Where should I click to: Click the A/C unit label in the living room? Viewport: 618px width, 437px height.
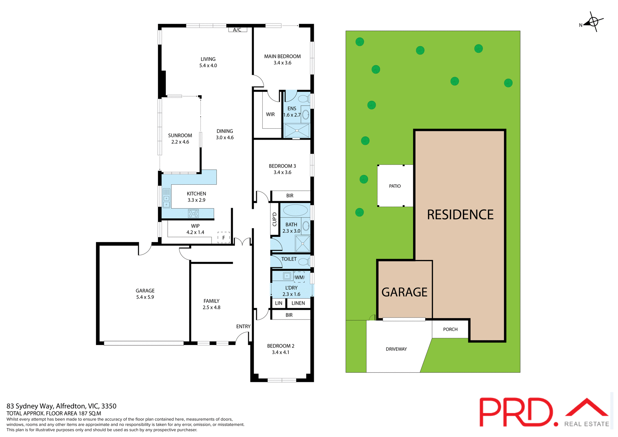pyautogui.click(x=237, y=30)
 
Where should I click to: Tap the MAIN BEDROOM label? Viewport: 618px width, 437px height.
pyautogui.click(x=282, y=57)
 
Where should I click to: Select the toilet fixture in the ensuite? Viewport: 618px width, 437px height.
pyautogui.click(x=303, y=98)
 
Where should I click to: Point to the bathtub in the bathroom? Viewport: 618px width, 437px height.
pyautogui.click(x=295, y=210)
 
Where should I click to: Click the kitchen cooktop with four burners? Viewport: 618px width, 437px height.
pyautogui.click(x=193, y=213)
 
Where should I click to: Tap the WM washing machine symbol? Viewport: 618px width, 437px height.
pyautogui.click(x=299, y=277)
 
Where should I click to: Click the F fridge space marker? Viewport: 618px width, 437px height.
pyautogui.click(x=224, y=237)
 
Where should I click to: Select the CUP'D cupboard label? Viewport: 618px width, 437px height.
pyautogui.click(x=275, y=219)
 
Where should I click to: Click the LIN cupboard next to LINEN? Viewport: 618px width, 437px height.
pyautogui.click(x=279, y=303)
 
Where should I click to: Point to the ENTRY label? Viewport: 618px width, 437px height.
pyautogui.click(x=243, y=327)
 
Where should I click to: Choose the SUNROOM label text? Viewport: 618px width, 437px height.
pyautogui.click(x=180, y=135)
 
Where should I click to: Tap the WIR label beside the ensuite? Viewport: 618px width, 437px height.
pyautogui.click(x=270, y=115)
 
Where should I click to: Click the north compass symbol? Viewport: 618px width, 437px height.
pyautogui.click(x=593, y=22)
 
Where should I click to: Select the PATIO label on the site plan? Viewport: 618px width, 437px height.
pyautogui.click(x=395, y=186)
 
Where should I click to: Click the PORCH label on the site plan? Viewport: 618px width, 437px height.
pyautogui.click(x=450, y=329)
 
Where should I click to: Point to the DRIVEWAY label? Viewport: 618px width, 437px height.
pyautogui.click(x=396, y=349)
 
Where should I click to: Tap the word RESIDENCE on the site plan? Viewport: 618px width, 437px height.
pyautogui.click(x=460, y=215)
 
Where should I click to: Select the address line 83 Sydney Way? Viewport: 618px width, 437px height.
pyautogui.click(x=61, y=406)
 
